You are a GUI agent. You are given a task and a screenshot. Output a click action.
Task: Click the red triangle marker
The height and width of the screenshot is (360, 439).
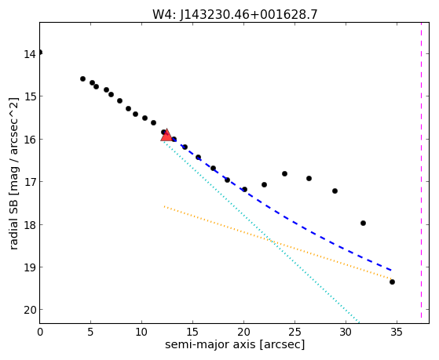166,135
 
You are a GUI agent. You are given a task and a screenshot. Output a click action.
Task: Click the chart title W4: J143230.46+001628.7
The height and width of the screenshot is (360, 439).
235,15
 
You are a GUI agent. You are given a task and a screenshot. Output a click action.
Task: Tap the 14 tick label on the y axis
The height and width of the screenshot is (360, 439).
29,53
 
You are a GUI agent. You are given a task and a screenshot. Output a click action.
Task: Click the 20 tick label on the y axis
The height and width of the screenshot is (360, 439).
29,311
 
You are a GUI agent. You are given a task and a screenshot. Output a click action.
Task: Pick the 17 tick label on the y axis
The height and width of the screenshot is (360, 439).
29,182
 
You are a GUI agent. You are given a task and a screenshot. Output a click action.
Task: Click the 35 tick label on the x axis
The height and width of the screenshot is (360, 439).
397,332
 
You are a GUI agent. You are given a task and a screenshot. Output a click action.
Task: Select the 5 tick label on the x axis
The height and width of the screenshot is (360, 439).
90,332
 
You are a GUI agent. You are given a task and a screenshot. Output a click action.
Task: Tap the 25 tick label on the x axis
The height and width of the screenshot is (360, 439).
294,332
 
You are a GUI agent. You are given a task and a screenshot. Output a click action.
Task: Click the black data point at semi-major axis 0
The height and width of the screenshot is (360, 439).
40,53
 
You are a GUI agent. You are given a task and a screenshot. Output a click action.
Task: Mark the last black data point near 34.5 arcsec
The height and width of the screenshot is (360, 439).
392,282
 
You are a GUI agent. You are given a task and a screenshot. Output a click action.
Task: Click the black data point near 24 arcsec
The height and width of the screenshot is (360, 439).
284,173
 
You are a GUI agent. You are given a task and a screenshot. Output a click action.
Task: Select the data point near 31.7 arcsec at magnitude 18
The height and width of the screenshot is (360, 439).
363,224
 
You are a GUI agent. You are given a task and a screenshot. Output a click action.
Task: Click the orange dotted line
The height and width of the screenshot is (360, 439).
278,242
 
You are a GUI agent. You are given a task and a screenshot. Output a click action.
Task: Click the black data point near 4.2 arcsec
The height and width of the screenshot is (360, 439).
82,79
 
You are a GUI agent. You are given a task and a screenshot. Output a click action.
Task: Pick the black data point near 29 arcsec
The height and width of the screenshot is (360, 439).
335,191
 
